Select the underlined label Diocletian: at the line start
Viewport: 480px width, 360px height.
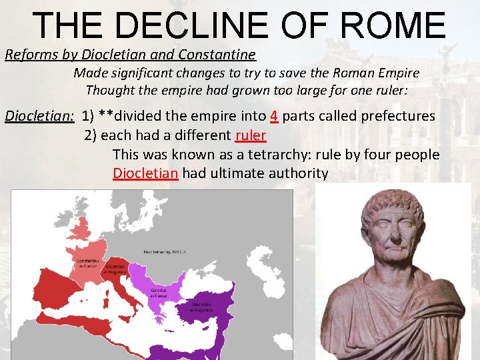click(39, 116)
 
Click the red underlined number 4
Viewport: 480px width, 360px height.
click(273, 116)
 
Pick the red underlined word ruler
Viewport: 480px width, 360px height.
click(251, 135)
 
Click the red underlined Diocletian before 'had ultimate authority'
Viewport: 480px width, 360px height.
click(145, 174)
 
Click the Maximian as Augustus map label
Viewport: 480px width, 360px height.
click(115, 269)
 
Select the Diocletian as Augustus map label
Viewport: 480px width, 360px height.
click(203, 308)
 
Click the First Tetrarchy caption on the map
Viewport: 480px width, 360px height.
click(165, 251)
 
